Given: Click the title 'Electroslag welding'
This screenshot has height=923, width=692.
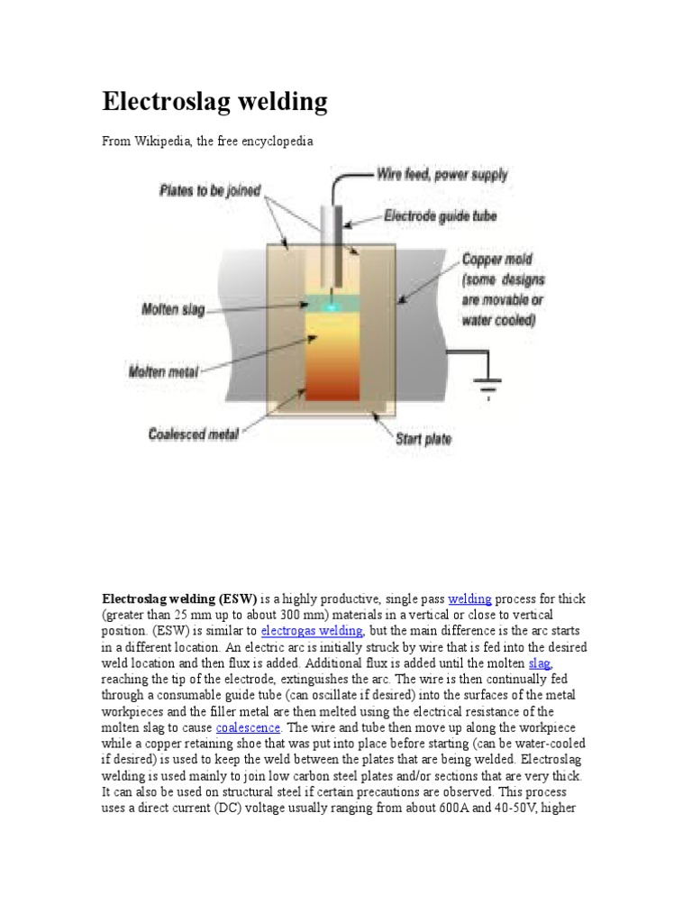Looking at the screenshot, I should click(x=214, y=102).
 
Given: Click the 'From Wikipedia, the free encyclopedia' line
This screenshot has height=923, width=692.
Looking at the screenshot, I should click(x=207, y=142).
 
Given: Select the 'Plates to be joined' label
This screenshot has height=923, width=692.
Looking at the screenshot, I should click(x=210, y=190).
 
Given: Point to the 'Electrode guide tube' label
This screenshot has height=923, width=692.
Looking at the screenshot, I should click(x=440, y=216).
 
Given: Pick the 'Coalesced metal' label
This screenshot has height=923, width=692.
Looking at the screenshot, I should click(x=193, y=434).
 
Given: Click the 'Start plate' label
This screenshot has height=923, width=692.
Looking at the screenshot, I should click(x=423, y=440).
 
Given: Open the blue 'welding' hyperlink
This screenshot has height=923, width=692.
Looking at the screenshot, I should click(x=469, y=599).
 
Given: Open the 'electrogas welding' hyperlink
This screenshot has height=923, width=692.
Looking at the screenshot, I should click(x=312, y=631).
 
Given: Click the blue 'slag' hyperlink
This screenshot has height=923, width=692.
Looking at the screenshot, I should click(x=540, y=663).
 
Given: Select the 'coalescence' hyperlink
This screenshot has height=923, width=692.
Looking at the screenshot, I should click(x=248, y=727).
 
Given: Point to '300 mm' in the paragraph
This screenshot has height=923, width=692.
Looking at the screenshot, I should click(x=294, y=615).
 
